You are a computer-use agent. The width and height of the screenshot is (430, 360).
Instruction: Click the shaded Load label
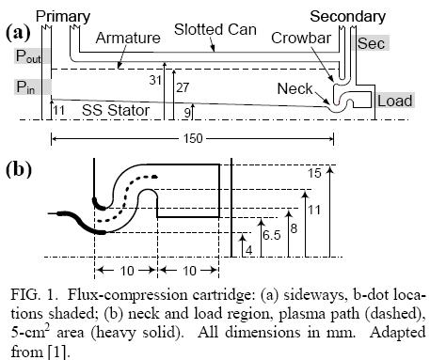(x=394, y=100)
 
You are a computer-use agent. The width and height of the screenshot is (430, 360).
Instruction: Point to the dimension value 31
(x=155, y=82)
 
